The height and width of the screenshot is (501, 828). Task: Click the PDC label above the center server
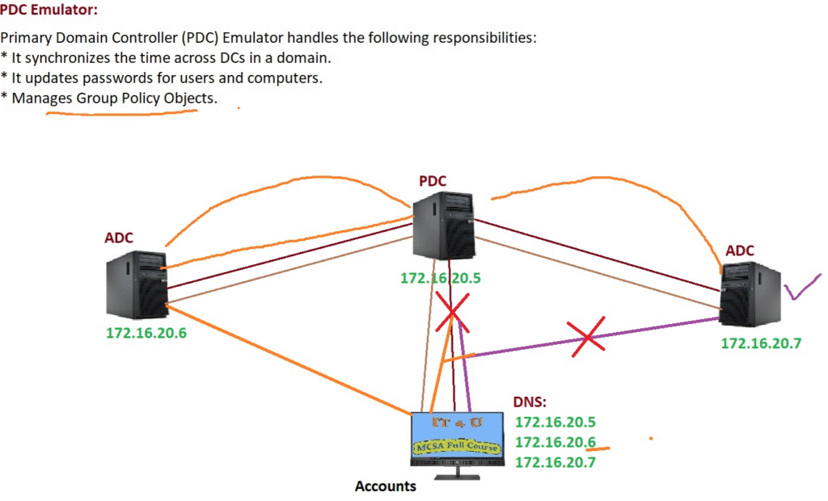(433, 180)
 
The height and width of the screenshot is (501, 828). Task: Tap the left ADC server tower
(137, 284)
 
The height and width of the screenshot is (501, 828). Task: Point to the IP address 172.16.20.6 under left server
(146, 332)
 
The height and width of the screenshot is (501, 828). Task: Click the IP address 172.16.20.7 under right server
(761, 343)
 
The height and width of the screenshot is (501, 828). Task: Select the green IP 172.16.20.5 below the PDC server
(441, 279)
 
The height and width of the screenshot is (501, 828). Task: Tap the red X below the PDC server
(452, 312)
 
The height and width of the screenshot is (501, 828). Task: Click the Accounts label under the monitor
(386, 486)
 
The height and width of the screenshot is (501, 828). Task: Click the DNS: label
(530, 402)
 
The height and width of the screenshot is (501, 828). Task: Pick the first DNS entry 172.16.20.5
(556, 422)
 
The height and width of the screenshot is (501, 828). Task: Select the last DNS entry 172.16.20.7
(556, 463)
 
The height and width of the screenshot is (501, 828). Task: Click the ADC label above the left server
(119, 238)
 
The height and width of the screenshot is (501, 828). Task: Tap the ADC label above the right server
(740, 250)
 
